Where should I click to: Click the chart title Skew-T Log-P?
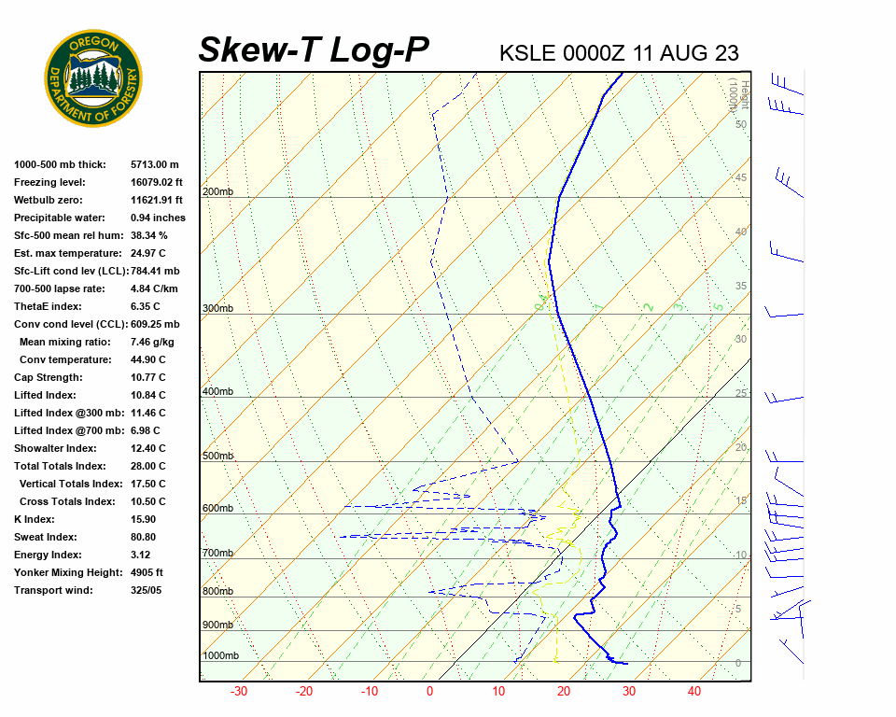(314, 50)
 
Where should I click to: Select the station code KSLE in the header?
(528, 53)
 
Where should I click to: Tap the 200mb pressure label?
(217, 192)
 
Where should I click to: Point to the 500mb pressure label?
(217, 456)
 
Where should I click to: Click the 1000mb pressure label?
(220, 655)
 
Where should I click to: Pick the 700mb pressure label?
(217, 554)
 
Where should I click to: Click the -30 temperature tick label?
(239, 692)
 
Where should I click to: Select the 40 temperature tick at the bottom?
(694, 692)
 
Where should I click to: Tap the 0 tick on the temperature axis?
(429, 692)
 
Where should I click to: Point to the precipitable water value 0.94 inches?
(158, 218)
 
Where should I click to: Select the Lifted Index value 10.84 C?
(148, 395)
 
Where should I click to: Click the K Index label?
(35, 519)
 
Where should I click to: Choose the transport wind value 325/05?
(147, 590)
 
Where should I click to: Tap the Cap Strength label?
(48, 377)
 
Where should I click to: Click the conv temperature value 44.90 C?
(148, 359)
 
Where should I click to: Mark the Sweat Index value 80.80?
(144, 537)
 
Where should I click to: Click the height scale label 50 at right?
(740, 124)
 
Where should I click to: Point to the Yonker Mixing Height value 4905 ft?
(147, 572)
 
